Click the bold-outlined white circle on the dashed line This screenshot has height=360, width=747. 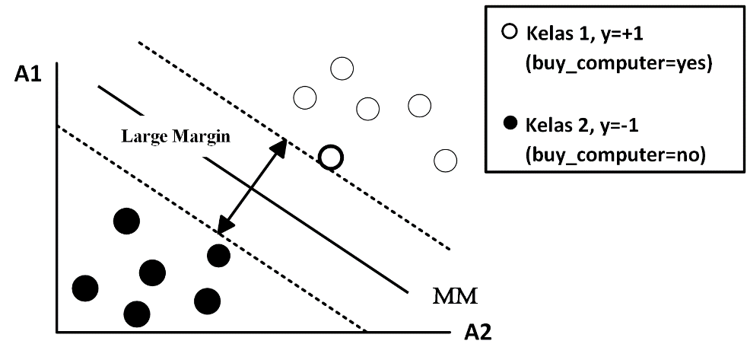coord(330,158)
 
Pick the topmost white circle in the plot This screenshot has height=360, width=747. coord(342,69)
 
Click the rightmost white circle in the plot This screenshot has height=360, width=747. coord(445,161)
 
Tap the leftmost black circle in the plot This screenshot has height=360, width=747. coord(85,288)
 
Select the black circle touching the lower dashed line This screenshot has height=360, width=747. coord(218,255)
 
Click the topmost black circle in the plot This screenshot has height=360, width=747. coord(126,221)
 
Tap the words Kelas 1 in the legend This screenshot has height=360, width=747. coord(555,35)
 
